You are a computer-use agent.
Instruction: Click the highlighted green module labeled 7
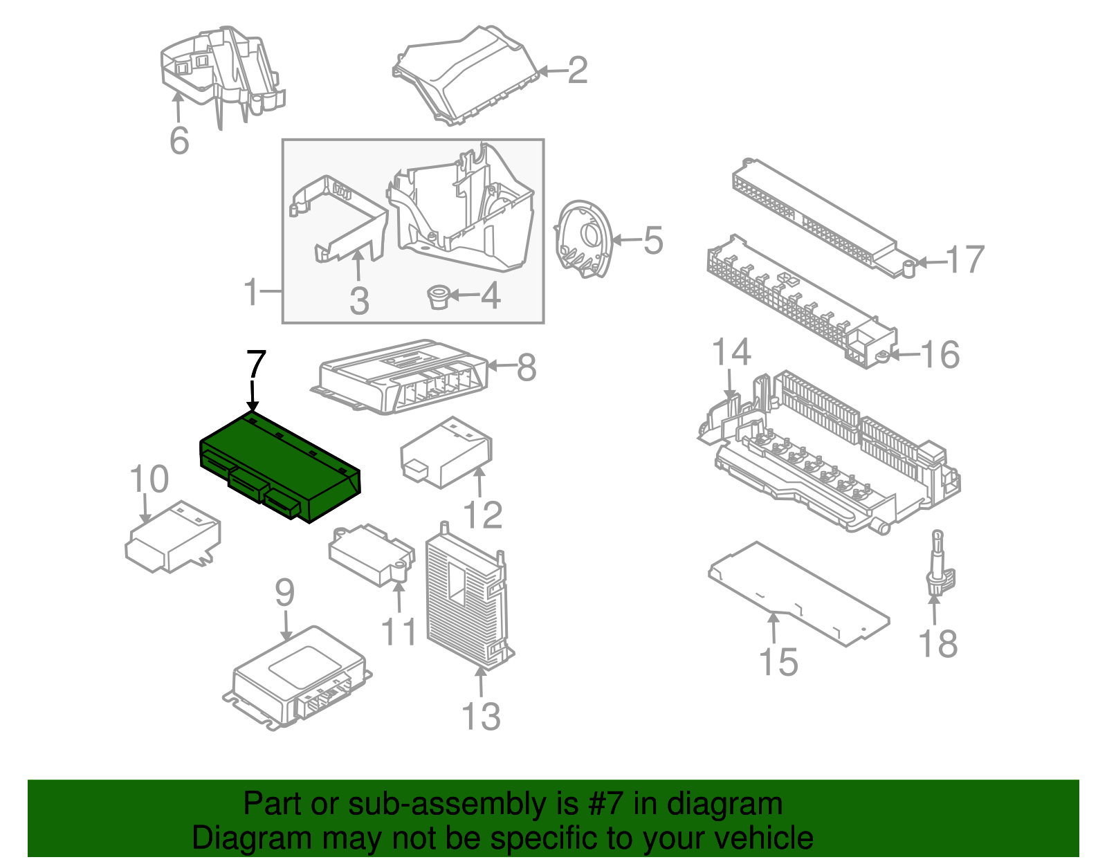coord(280,463)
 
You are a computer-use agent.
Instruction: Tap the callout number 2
coord(578,71)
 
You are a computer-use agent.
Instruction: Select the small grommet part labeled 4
coord(438,297)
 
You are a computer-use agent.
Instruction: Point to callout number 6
coord(179,140)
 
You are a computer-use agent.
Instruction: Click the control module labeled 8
coord(401,377)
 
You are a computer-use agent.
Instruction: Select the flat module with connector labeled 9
coord(298,674)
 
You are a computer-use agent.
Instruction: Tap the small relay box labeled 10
coord(173,536)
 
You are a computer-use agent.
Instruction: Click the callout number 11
coord(399,632)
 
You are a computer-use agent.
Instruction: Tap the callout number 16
coord(940,355)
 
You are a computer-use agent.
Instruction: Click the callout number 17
coord(965,259)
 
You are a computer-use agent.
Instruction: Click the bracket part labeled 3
coord(342,221)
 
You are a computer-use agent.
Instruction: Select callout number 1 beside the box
coord(250,292)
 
